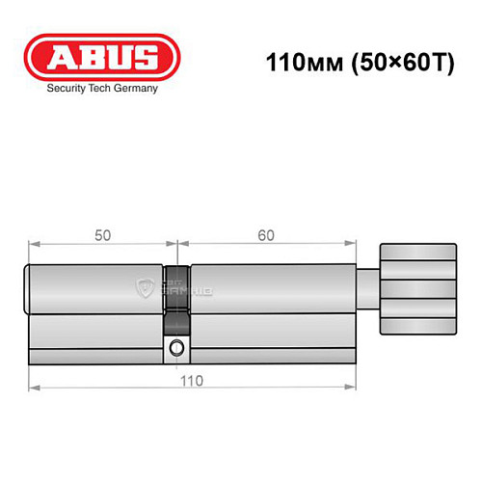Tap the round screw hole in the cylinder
(x=175, y=348)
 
